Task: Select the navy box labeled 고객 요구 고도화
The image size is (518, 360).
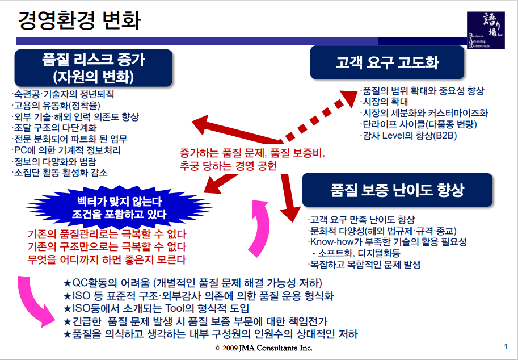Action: (x=387, y=62)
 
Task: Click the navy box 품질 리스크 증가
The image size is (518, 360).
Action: (x=93, y=67)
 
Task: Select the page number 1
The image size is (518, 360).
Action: (x=505, y=346)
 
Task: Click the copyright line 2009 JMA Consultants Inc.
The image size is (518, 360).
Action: (x=263, y=348)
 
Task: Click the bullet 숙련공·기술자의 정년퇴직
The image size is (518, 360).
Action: (x=63, y=94)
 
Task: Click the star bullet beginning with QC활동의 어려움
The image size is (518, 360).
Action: (x=193, y=283)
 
